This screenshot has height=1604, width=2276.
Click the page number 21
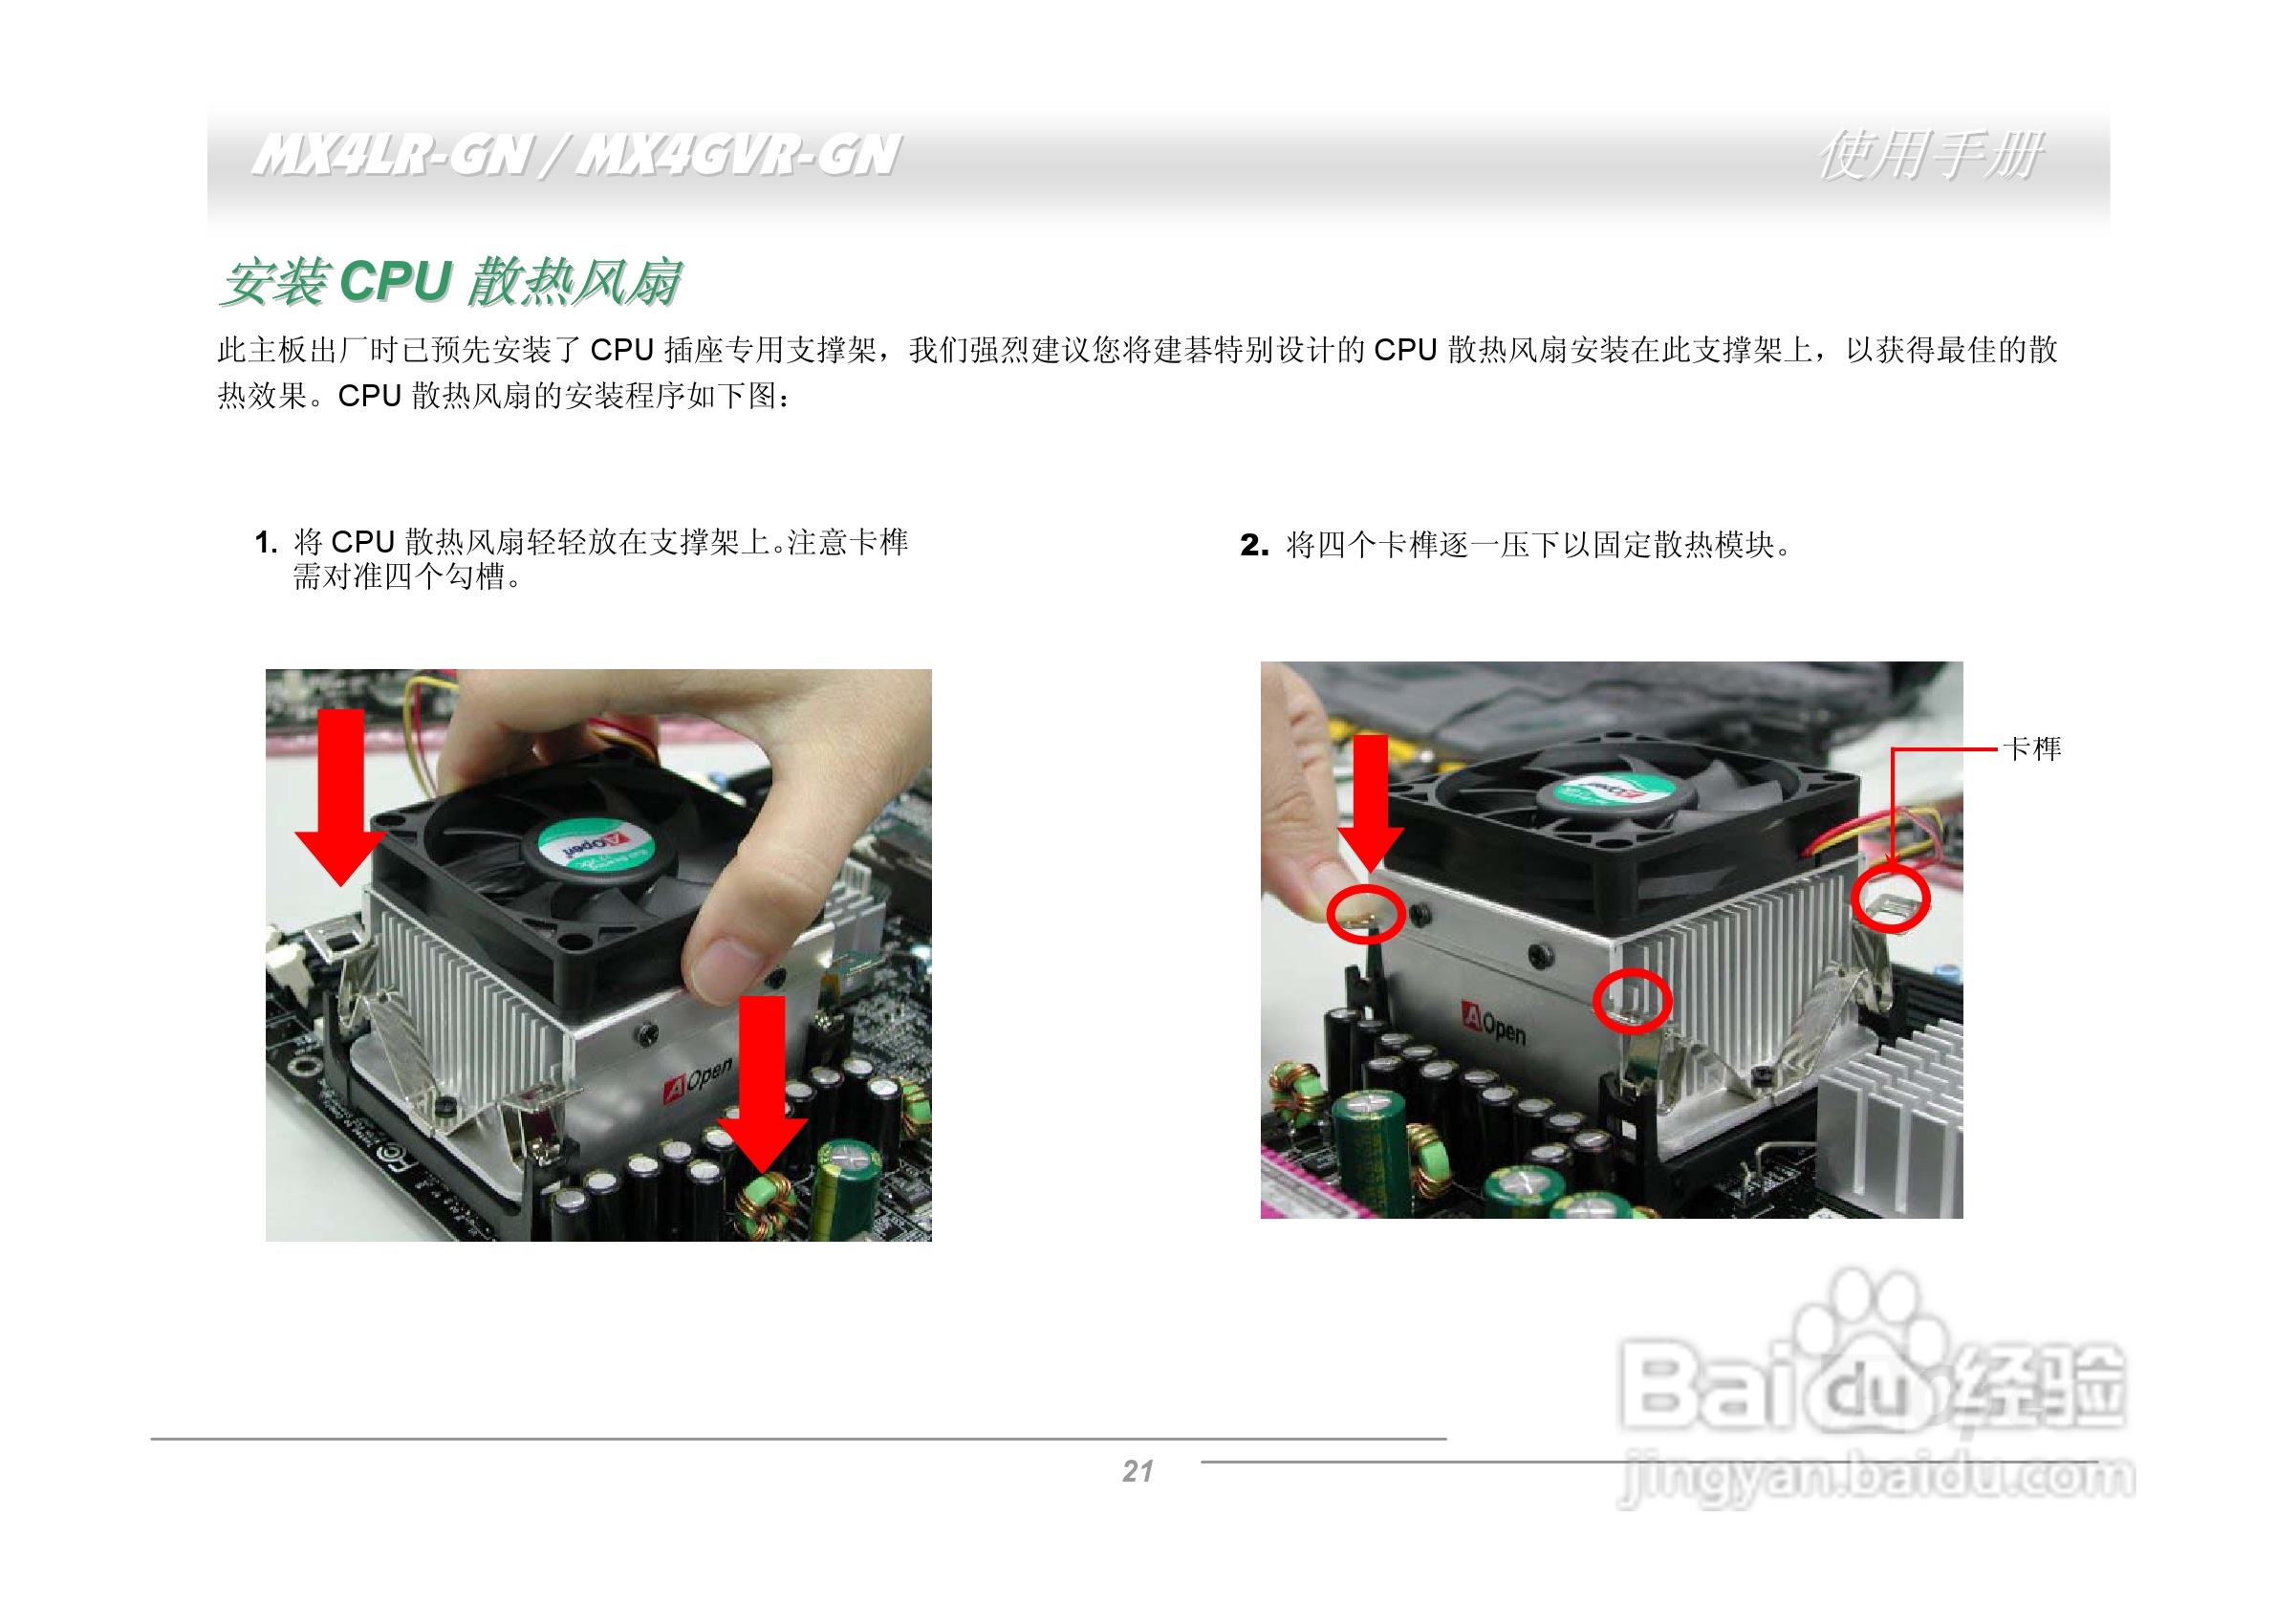1137,1471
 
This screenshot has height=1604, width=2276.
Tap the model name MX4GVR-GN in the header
738,156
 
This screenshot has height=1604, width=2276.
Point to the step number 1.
264,542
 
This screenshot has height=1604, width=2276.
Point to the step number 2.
1253,544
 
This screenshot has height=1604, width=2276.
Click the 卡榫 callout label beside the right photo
2031,748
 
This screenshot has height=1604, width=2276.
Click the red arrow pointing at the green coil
761,1085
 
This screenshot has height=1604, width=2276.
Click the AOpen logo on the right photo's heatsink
1494,1022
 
